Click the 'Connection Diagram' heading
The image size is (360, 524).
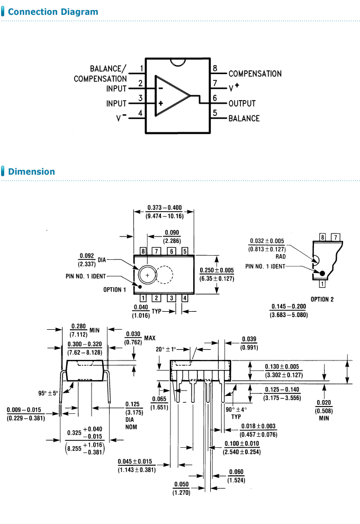[53, 12]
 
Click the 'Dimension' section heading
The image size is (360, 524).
[31, 171]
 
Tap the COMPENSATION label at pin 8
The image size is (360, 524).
[255, 74]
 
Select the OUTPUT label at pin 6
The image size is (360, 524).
[242, 104]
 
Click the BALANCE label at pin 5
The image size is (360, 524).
[244, 118]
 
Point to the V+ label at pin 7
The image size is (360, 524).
[233, 87]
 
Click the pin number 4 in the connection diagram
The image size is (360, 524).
[140, 113]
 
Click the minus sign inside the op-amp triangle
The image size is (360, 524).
[160, 88]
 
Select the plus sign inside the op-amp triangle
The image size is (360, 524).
[160, 104]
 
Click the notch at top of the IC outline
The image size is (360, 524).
[178, 62]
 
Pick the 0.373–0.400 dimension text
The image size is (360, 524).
[164, 207]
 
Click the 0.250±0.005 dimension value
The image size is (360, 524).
[217, 270]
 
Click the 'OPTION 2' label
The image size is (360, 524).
[322, 299]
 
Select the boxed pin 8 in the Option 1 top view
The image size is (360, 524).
[143, 251]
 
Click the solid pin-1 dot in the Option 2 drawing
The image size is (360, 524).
[321, 273]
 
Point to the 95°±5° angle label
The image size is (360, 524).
[48, 393]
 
